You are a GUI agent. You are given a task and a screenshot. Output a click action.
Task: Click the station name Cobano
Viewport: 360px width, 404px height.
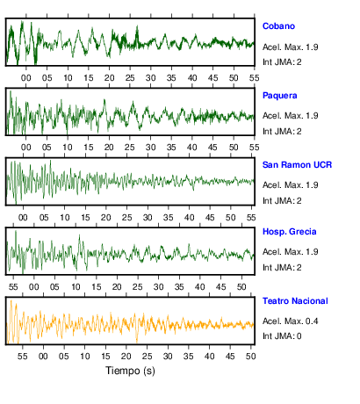click(x=278, y=26)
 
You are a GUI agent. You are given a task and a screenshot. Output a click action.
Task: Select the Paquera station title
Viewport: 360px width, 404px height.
click(x=279, y=96)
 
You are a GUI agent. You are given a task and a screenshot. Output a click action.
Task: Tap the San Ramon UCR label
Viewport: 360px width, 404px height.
click(x=297, y=165)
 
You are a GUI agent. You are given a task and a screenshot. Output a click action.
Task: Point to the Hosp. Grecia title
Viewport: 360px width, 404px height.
click(x=289, y=232)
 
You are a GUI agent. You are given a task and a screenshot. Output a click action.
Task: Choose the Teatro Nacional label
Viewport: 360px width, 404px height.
click(x=295, y=301)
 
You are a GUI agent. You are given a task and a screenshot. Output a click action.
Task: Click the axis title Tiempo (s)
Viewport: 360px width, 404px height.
click(x=130, y=371)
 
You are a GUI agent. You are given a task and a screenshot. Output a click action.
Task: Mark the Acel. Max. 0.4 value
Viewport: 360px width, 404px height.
click(x=290, y=321)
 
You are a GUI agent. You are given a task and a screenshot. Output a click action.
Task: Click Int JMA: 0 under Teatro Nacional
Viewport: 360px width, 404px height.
click(x=282, y=335)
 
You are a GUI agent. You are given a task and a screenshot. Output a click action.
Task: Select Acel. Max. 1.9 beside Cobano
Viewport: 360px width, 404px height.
click(x=290, y=47)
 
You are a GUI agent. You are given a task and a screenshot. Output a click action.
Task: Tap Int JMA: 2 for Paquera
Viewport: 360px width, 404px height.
click(x=282, y=131)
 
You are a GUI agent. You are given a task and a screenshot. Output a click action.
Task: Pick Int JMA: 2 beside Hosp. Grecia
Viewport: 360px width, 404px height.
click(x=282, y=267)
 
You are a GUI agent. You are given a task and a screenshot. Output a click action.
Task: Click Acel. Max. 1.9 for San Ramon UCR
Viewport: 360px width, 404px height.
click(x=290, y=185)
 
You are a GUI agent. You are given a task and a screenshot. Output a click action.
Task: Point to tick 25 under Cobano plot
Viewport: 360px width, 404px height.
click(x=130, y=78)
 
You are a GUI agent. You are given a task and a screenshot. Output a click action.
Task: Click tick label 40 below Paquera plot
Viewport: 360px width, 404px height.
click(x=192, y=147)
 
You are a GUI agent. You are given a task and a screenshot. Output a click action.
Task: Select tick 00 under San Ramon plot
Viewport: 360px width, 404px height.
click(x=23, y=218)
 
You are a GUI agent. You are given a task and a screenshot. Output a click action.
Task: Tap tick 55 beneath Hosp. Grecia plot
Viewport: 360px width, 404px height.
click(x=13, y=286)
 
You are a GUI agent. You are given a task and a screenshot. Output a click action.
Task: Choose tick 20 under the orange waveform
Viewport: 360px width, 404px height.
click(x=126, y=356)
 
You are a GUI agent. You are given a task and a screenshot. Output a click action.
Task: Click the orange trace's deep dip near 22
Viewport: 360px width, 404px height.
click(x=137, y=341)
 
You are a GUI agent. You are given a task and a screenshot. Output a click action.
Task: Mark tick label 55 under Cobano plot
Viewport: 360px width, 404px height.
click(x=255, y=78)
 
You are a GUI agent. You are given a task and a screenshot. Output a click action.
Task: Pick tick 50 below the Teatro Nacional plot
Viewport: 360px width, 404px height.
click(x=251, y=356)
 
